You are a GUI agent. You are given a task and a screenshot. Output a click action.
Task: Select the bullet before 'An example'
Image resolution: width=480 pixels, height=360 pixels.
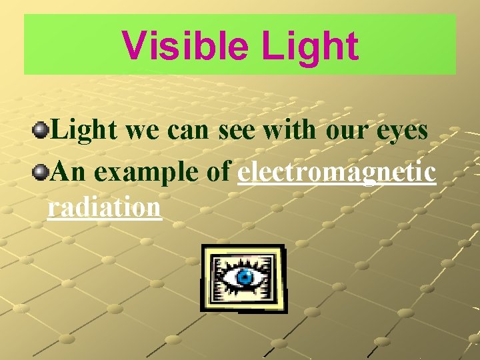click(x=42, y=171)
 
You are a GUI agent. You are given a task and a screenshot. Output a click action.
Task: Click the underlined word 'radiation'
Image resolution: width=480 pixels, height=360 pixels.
click(x=105, y=207)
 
